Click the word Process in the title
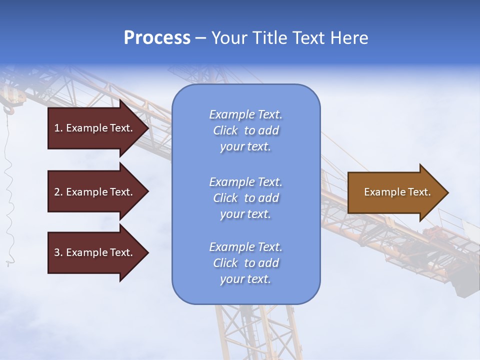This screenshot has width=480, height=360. tap(157, 38)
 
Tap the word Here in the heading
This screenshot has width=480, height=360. tap(348, 38)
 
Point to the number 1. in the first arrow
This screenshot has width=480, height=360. tap(58, 128)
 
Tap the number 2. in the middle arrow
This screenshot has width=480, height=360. tap(58, 192)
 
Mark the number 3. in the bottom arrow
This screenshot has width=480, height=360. tap(58, 252)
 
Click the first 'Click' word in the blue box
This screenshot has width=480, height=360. tap(225, 131)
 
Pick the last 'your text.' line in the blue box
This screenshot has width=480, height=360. tap(245, 279)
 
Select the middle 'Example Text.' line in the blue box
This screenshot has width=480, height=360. tap(245, 182)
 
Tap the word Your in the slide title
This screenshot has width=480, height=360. tap(229, 38)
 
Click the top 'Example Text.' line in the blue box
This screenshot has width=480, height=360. tap(245, 114)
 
